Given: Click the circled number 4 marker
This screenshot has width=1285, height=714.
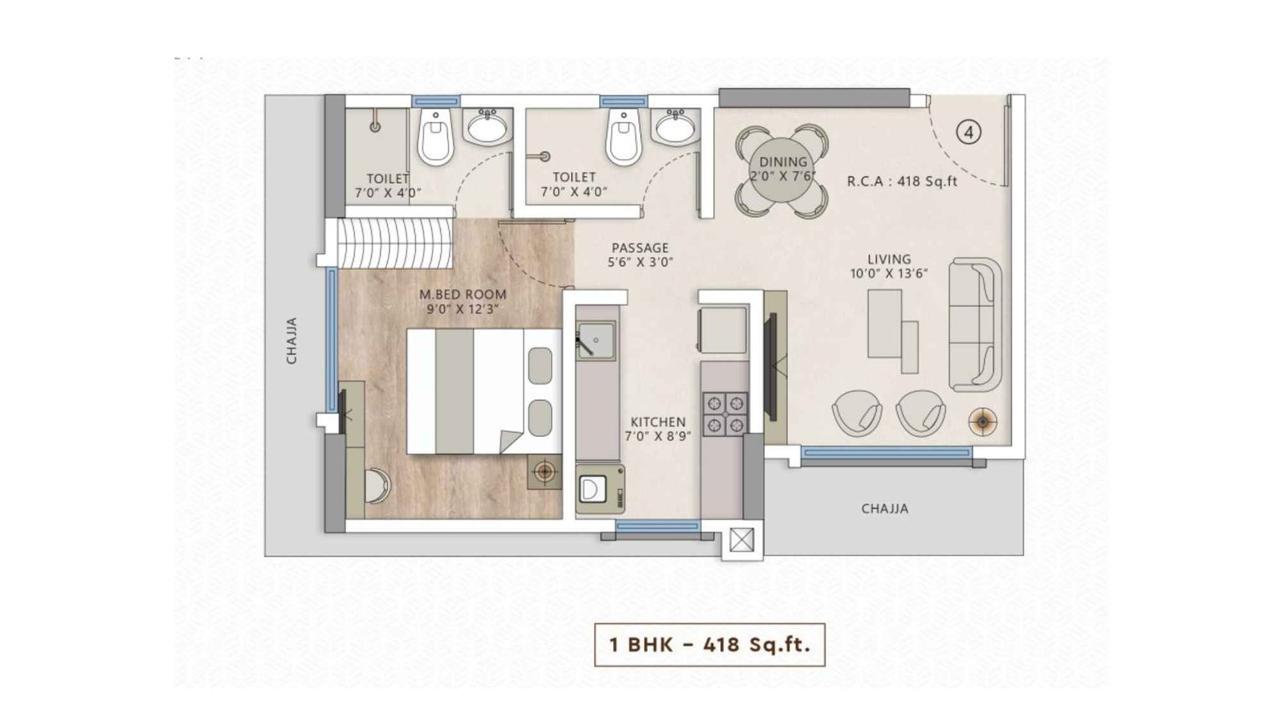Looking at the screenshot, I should [969, 132].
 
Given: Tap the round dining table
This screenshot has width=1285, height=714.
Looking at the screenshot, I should [782, 171].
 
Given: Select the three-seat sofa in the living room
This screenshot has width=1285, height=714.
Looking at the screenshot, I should [974, 324].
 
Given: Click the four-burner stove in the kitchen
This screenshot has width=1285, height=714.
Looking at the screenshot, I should [724, 413].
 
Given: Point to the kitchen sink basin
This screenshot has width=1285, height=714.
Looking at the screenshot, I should [595, 340].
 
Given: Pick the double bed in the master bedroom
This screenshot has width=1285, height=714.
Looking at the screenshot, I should [479, 391].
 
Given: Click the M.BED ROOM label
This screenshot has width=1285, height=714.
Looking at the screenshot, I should [463, 301].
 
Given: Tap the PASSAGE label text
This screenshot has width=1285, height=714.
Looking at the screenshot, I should [640, 255].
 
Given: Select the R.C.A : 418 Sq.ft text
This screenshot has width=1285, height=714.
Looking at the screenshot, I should [902, 182].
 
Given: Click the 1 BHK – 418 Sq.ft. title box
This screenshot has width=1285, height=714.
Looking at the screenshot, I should [710, 644].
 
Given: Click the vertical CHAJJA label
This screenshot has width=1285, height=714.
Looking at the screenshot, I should [292, 341].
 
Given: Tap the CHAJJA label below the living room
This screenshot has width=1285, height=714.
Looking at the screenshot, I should [884, 508].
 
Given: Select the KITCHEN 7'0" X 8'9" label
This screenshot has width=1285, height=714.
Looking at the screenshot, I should [658, 429].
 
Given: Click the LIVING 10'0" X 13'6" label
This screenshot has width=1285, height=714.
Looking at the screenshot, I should [888, 266].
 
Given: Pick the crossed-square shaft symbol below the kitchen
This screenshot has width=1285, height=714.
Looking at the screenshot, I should [741, 541].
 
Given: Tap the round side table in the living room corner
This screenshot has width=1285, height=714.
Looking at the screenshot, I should [982, 421].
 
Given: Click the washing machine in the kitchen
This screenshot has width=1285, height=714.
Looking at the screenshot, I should [599, 489].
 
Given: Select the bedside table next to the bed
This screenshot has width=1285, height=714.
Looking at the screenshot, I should [545, 471].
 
